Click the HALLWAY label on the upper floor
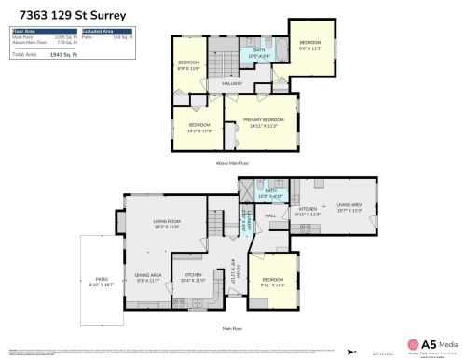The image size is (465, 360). pyautogui.click(x=232, y=85)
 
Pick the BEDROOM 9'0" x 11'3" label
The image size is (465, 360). pyautogui.click(x=310, y=46)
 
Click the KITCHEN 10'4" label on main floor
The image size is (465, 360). pyautogui.click(x=193, y=277)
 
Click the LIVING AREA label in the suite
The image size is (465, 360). pyautogui.click(x=349, y=207)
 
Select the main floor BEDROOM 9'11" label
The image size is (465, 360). pyautogui.click(x=273, y=282)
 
